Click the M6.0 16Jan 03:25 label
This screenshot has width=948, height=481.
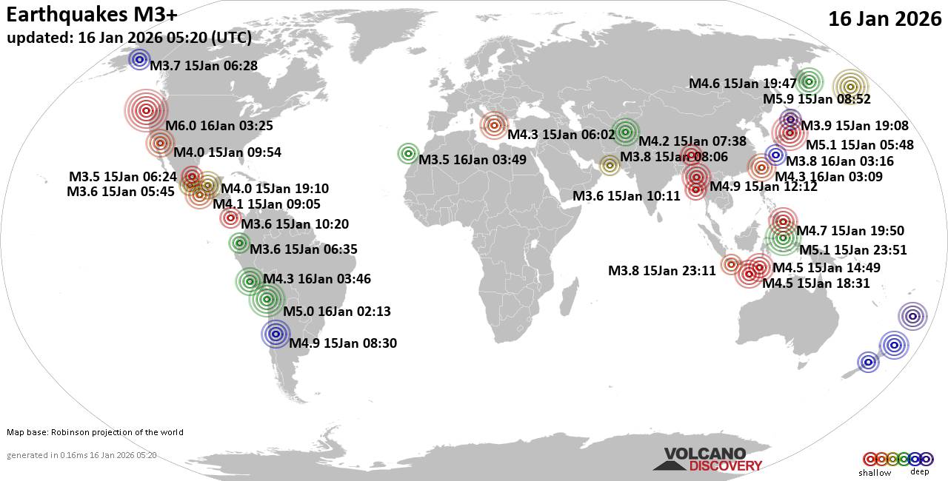[x=220, y=126]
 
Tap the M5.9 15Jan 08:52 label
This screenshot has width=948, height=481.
[x=817, y=99]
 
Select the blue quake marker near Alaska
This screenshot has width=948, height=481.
[x=139, y=60]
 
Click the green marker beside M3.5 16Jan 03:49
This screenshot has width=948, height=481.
[x=408, y=153]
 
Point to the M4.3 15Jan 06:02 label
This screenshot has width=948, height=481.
[x=561, y=135]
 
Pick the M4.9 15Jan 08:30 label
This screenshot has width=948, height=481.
[x=344, y=343]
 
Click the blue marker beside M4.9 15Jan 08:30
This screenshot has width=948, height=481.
[x=276, y=334]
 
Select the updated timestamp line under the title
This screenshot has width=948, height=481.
[x=129, y=38]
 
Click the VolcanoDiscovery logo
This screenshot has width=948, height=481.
[x=707, y=459]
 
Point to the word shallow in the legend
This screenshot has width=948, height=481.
[x=875, y=472]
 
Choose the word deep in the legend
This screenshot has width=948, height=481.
[x=919, y=472]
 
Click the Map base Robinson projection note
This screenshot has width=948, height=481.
[x=95, y=432]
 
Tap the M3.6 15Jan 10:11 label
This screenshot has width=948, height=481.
[x=627, y=196]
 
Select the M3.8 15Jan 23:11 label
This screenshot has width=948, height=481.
[x=662, y=271]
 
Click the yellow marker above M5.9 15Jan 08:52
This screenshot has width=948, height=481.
[x=849, y=87]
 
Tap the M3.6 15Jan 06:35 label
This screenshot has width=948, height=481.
[x=304, y=249]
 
